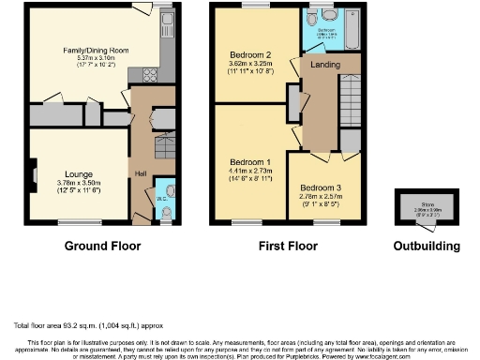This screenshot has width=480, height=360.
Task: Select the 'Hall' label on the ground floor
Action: click(x=142, y=173)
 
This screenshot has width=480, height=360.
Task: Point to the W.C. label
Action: click(x=161, y=199)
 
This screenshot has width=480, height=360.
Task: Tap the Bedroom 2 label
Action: click(x=248, y=54)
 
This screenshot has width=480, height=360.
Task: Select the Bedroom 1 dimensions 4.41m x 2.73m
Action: click(x=248, y=172)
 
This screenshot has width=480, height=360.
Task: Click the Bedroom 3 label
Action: click(x=322, y=188)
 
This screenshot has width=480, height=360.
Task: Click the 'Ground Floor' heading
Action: click(x=102, y=247)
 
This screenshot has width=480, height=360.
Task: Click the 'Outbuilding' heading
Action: click(x=427, y=247)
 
